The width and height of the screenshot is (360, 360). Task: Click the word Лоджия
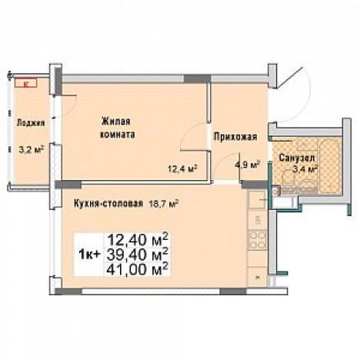click(x=31, y=123)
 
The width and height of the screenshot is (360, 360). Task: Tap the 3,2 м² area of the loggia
click(x=31, y=149)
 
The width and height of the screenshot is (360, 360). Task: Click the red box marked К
click(x=26, y=83)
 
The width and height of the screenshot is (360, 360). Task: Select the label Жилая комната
click(x=117, y=128)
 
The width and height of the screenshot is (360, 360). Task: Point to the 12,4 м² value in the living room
click(x=182, y=168)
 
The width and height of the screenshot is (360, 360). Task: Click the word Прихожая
click(x=235, y=137)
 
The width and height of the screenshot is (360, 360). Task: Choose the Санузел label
click(x=297, y=158)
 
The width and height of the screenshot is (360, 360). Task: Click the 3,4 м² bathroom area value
click(x=305, y=169)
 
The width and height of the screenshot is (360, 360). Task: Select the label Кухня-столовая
click(x=108, y=204)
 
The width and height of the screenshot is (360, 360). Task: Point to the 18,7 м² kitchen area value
click(x=164, y=204)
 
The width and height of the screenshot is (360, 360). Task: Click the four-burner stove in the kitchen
click(x=257, y=240)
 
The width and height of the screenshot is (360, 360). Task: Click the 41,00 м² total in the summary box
click(x=138, y=269)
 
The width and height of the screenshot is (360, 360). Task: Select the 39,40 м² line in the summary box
click(x=138, y=255)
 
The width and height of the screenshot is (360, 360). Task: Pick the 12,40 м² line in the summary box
click(x=138, y=240)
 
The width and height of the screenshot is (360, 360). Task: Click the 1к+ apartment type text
click(x=88, y=255)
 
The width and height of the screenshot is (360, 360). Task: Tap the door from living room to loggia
click(x=67, y=105)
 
